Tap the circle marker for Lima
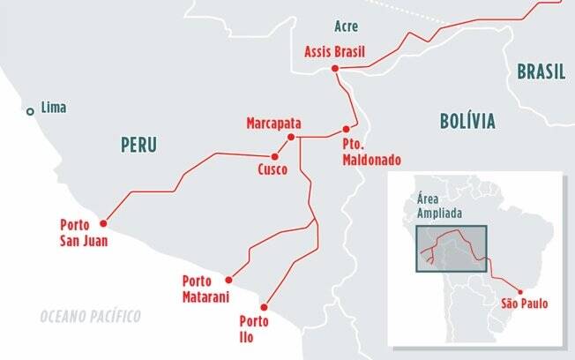point(31,110)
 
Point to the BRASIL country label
point(541,72)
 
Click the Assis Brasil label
point(333,50)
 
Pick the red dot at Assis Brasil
point(335,69)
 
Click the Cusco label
point(273,169)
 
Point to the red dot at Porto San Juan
point(103,222)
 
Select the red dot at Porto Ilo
point(264,307)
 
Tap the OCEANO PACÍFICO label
point(90,315)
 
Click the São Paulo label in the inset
point(524,304)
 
